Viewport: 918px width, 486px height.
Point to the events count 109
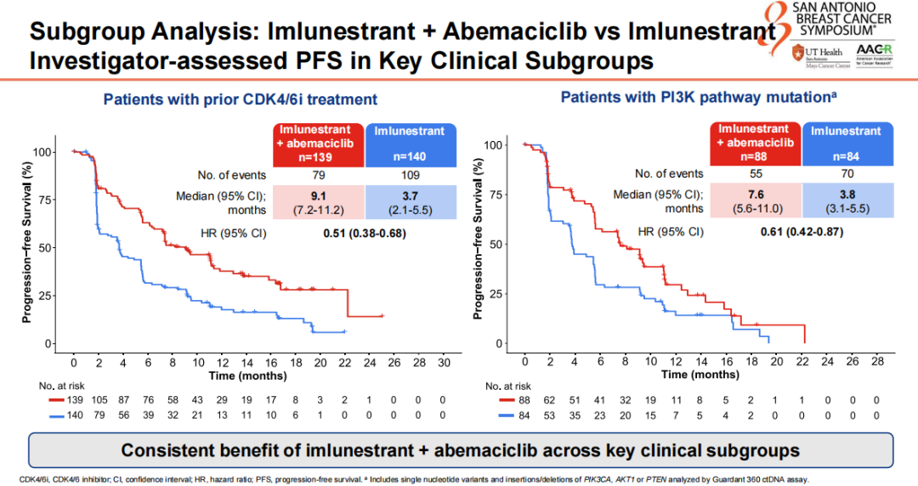click(411, 176)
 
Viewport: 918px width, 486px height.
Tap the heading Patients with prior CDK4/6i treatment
click(241, 99)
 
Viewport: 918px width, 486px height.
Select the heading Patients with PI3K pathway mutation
click(699, 97)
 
